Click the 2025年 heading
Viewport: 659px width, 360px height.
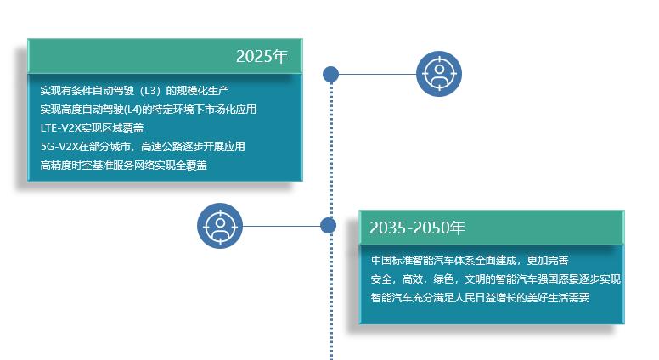coord(262,56)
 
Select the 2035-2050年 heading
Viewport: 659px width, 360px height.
coord(417,228)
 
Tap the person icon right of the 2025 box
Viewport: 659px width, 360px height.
coord(439,74)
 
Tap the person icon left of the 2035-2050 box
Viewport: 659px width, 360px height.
coord(220,226)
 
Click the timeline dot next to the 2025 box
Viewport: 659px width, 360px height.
coord(330,74)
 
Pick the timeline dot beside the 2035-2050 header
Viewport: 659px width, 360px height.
coord(328,225)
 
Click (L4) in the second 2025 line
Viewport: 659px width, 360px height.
coord(132,110)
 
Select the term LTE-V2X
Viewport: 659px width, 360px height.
coord(60,127)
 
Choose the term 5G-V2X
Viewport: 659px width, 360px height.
coord(59,147)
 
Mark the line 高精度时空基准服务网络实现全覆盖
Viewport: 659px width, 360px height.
coord(124,165)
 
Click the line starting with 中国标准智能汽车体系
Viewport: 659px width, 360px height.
coord(470,261)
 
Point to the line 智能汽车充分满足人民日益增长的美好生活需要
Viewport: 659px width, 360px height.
coord(480,297)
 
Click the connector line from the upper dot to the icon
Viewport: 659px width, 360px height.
coord(377,75)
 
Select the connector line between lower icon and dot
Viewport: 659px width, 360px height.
coord(281,226)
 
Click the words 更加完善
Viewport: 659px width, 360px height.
coord(548,261)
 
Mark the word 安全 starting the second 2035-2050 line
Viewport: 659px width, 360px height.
coord(380,279)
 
